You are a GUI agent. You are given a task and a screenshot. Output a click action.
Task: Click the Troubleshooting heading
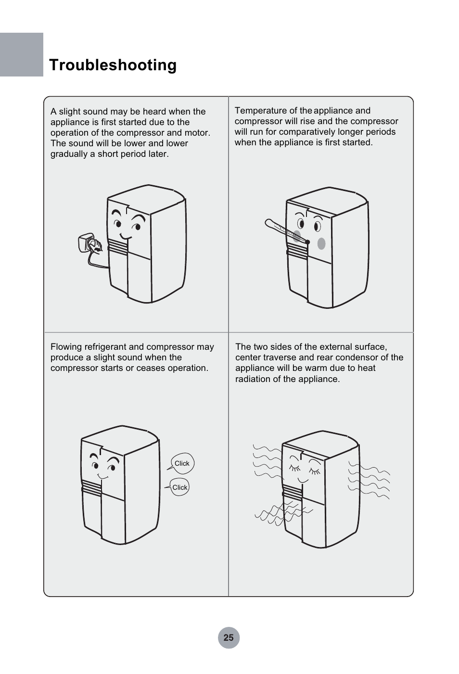coord(113,65)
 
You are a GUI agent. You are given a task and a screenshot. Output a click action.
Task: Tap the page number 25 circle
coord(229,638)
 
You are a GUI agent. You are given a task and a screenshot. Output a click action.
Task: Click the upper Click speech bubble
coord(182,463)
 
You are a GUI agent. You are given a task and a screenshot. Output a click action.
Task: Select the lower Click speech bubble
coord(179,487)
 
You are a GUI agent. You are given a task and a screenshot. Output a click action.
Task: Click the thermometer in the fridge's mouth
coord(287,231)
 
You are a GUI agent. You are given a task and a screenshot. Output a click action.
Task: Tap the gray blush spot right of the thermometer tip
coord(321,243)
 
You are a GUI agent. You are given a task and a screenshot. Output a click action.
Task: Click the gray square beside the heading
coord(21,54)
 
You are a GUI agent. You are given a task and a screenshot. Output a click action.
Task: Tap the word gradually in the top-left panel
coord(69,154)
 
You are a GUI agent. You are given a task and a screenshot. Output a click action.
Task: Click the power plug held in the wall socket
coord(97,246)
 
